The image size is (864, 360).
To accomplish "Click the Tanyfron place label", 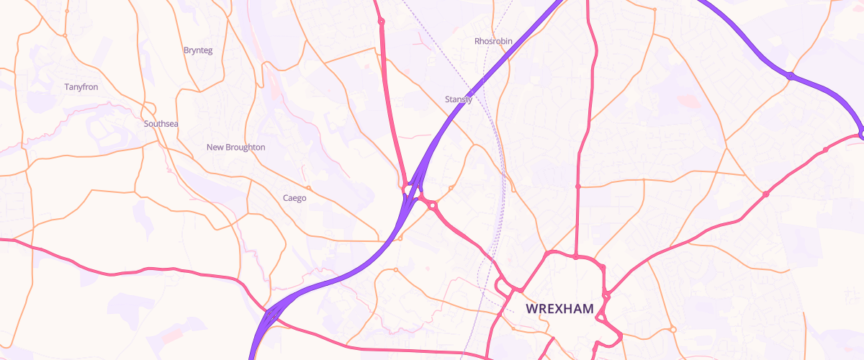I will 81,87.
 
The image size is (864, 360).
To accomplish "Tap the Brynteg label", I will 198,50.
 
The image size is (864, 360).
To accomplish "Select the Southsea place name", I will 161,124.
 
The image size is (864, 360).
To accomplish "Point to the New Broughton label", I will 235,147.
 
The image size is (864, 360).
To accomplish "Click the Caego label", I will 294,197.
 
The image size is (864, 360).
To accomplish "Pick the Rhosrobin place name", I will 493,41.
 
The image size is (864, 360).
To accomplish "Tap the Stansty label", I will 459,99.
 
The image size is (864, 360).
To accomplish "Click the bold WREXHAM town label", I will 559,309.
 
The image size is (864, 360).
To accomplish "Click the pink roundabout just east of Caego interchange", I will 433,205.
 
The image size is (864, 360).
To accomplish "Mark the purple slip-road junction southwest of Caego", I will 270,315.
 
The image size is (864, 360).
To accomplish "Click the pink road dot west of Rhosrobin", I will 382,22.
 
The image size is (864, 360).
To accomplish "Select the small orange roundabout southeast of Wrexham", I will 672,329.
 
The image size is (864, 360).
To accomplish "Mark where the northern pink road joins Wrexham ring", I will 577,256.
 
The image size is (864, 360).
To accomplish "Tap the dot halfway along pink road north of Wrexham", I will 577,186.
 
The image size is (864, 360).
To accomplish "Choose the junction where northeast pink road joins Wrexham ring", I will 603,269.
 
